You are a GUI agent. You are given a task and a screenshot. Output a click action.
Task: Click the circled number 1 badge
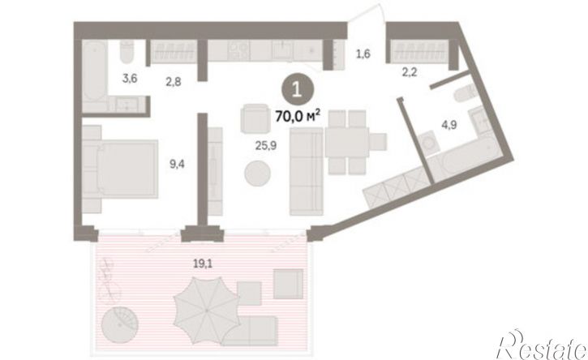pos(298,91)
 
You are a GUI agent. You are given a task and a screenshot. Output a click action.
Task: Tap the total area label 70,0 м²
pos(298,116)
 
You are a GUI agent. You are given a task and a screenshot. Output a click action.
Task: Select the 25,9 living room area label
pos(266,146)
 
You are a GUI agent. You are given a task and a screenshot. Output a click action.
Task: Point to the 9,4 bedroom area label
pos(177,165)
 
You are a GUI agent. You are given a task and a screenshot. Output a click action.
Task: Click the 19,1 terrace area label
pos(203,264)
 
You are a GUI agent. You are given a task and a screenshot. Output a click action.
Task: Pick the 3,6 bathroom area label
pos(130,79)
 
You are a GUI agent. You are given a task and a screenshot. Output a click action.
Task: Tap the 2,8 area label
pos(174,81)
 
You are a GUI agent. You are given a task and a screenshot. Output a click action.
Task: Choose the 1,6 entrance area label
pos(363,54)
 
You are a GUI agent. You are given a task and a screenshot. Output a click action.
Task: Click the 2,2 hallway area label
pos(410,72)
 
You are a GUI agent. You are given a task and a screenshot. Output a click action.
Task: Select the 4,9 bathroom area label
pos(449,125)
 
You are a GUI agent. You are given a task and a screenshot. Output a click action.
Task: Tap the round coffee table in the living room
pos(257,174)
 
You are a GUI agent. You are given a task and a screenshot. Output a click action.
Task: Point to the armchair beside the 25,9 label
pos(255,118)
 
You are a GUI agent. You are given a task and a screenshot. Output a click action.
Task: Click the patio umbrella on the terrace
pos(207,311)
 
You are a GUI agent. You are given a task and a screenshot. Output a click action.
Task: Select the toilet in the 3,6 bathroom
pos(127,52)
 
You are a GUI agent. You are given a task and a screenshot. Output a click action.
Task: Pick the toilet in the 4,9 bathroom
pos(462,93)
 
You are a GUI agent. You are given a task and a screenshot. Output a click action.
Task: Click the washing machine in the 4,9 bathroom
pos(428,144)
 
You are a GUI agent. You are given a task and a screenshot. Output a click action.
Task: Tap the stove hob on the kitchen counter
pos(238,50)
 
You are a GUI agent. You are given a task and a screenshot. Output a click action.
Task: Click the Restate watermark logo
pos(541,345)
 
